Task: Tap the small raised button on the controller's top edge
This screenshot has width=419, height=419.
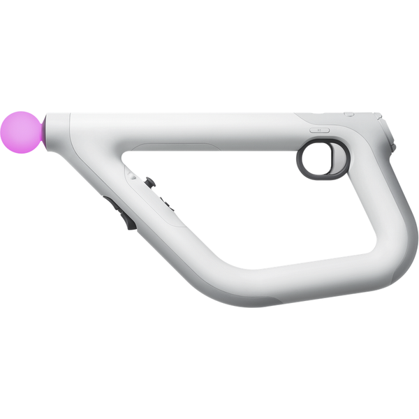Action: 349,114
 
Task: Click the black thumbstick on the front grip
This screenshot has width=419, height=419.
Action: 149,182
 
